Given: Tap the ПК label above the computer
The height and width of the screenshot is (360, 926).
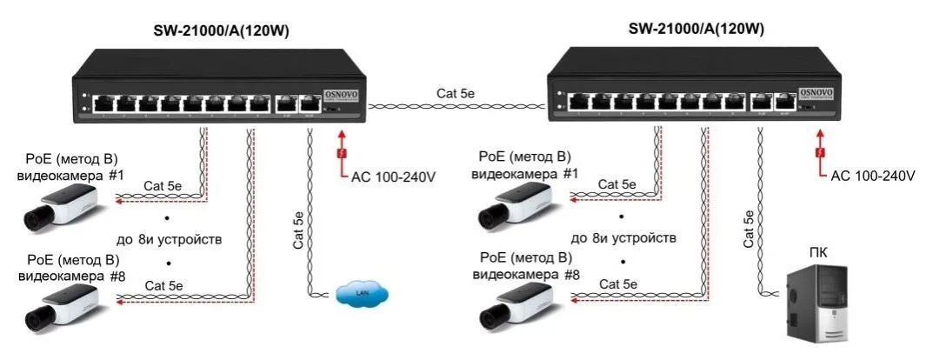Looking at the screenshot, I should tap(818, 253).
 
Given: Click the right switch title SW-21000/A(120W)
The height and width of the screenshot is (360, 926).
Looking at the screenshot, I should tap(696, 29).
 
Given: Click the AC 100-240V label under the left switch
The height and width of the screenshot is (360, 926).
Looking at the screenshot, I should tap(393, 176).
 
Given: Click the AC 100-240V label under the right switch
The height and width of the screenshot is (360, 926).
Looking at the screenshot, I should tap(873, 176).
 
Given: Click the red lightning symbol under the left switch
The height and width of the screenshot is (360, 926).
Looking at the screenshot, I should tap(342, 154).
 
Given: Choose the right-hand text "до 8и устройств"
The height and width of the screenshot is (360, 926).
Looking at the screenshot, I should tap(623, 237).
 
